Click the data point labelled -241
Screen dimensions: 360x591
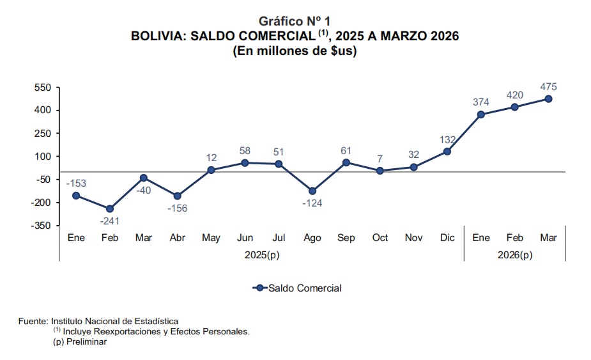tap(110, 208)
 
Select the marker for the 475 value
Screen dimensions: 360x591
tap(548, 99)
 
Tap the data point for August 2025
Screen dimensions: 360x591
tap(312, 191)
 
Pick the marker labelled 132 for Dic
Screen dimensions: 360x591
tap(447, 152)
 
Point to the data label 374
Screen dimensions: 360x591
tap(481, 102)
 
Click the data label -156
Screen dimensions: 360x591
tap(178, 208)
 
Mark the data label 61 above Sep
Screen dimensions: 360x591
tap(346, 151)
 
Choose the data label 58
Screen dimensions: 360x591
tap(245, 151)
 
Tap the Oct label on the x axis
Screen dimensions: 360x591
tap(380, 238)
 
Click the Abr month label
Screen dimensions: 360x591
tap(178, 238)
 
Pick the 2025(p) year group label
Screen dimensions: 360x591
tap(262, 255)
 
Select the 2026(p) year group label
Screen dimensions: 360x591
tap(515, 255)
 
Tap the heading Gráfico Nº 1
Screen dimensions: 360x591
tap(295, 22)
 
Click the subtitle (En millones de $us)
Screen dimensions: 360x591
tap(295, 51)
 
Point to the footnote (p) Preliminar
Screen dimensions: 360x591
tap(80, 342)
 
